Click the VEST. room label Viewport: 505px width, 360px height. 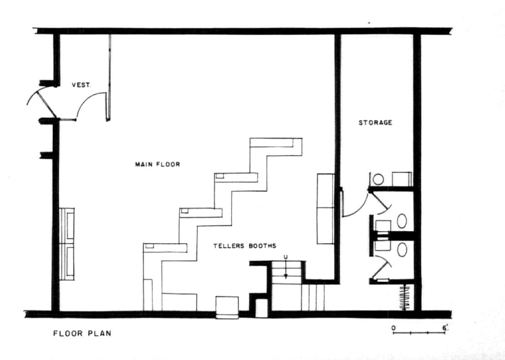point(81,85)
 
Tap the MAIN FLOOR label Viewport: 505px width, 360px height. point(157,164)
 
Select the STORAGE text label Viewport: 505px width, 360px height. point(375,123)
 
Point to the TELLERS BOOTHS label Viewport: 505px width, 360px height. point(245,246)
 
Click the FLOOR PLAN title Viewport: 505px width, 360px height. point(82,333)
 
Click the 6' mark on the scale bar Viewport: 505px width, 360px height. point(445,328)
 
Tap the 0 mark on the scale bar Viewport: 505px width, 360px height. point(394,328)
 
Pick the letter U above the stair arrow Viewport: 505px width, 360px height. point(286,256)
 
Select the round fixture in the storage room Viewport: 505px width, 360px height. point(378,179)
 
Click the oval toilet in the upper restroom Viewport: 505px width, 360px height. point(401,221)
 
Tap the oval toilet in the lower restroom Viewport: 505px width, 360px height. point(402,250)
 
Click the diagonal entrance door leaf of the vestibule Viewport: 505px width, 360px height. point(46,105)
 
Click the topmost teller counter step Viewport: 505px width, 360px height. point(276,147)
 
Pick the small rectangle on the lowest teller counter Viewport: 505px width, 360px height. point(149,246)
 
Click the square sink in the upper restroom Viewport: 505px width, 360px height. point(383,226)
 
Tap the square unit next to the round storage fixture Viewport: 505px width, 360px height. point(401,179)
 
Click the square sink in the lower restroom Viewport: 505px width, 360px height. point(383,246)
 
